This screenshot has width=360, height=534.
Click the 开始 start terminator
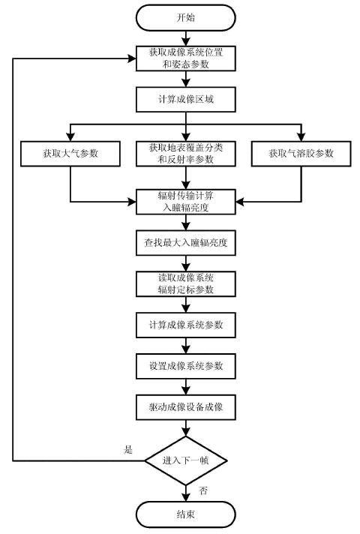[x=185, y=18]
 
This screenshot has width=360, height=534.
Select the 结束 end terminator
[x=185, y=514]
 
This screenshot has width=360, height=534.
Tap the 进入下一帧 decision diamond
[x=185, y=460]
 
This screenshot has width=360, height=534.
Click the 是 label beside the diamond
[x=128, y=449]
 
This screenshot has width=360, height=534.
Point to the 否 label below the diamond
[x=203, y=490]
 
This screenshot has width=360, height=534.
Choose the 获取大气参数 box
[x=70, y=154]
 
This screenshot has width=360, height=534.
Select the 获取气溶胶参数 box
[x=301, y=154]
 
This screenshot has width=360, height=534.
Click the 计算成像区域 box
[x=185, y=100]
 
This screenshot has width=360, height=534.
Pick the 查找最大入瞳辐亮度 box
[x=185, y=243]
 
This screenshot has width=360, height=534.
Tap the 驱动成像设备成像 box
[x=185, y=407]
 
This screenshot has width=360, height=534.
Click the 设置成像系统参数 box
[x=185, y=366]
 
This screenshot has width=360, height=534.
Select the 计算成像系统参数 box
[x=185, y=325]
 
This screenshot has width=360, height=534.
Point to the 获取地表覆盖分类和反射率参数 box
[x=185, y=154]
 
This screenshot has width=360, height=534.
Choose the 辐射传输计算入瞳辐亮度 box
[x=185, y=202]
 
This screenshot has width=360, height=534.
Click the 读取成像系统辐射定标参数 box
[x=185, y=284]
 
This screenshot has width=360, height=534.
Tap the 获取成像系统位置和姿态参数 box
[x=185, y=58]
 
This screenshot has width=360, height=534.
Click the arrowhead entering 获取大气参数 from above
[x=70, y=137]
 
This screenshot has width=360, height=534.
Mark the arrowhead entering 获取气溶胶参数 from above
[x=301, y=137]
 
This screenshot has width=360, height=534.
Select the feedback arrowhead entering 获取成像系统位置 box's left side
[x=132, y=58]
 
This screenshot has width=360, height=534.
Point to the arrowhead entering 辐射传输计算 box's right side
[x=240, y=202]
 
